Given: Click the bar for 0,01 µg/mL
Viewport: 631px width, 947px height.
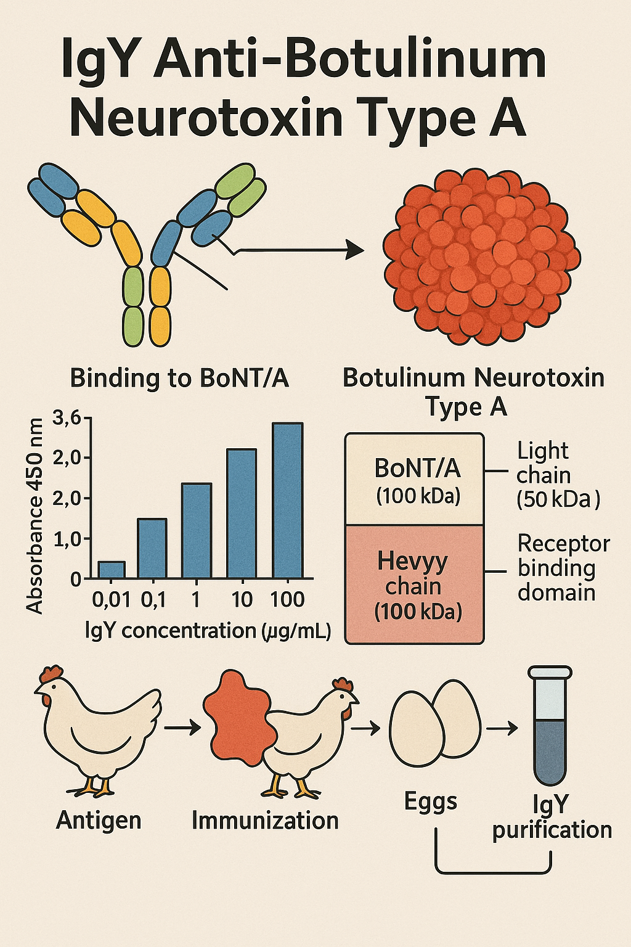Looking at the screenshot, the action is pos(112,570).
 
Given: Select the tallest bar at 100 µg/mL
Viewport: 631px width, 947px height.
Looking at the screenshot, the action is pos(287,500).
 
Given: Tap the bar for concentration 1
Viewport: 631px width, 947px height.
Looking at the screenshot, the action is pos(197,531).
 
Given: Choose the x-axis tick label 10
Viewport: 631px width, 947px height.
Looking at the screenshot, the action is pos(243,599).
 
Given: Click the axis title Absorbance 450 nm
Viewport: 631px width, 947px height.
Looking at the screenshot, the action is pos(35,516).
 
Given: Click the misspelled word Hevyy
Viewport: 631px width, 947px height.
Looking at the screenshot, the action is pos(412,562).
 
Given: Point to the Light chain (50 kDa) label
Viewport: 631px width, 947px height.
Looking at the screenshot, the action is pos(558,475).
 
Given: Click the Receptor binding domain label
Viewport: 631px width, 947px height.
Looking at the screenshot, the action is pos(564,568).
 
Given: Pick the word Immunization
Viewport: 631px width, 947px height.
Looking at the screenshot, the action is pos(266,821).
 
